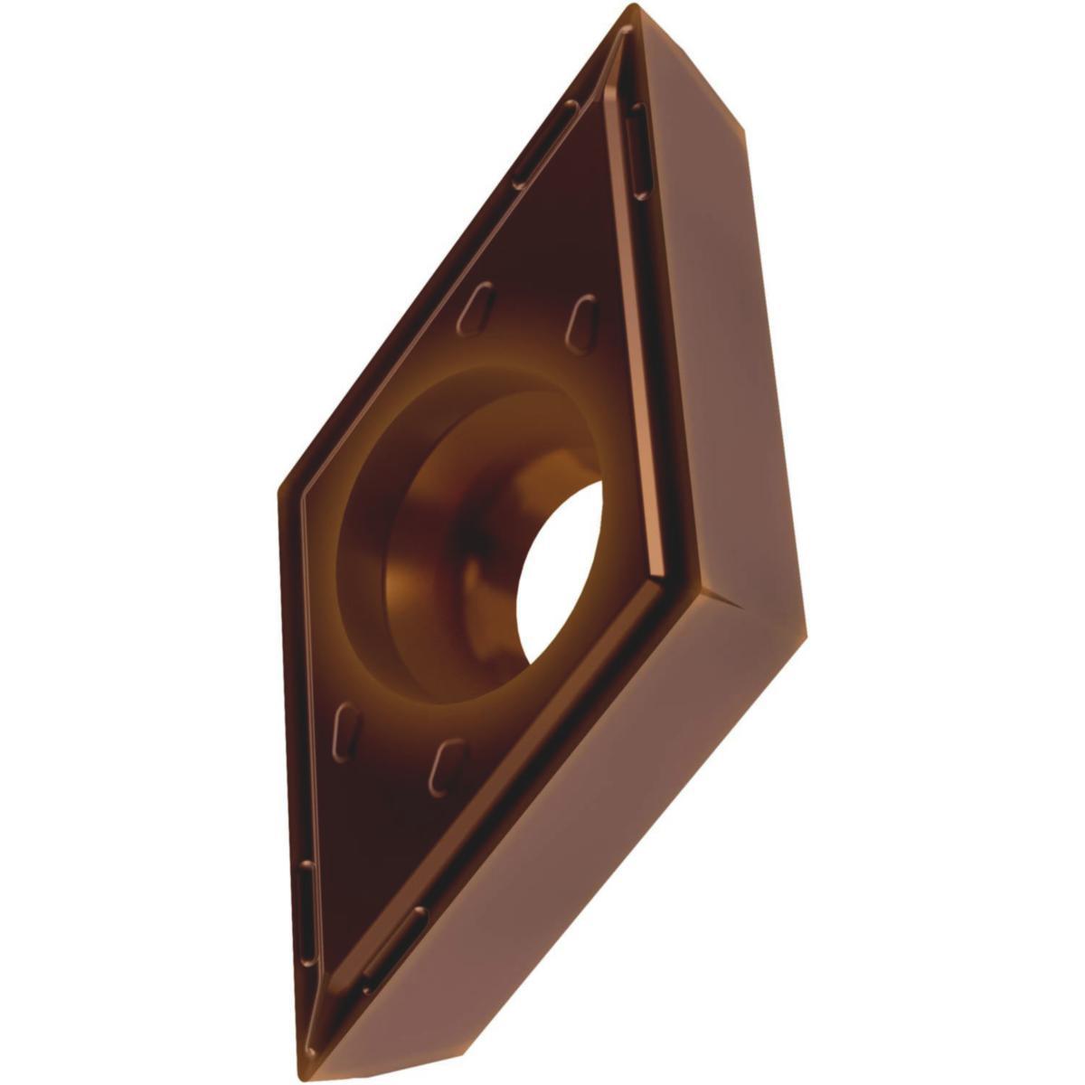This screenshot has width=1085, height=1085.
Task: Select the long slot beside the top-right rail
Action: [x=638, y=149]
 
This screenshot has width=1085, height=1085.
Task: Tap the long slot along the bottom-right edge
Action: [x=394, y=945]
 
